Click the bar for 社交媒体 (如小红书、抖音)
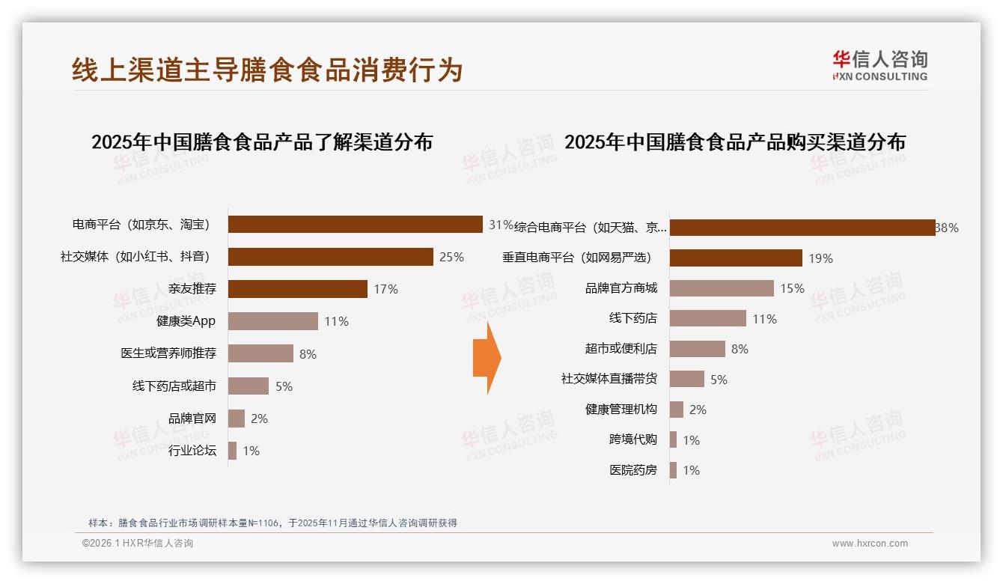click(330, 257)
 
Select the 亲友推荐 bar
click(297, 289)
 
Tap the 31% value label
click(500, 225)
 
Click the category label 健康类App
click(186, 321)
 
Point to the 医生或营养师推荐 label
click(168, 353)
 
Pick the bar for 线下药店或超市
click(248, 386)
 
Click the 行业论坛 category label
click(192, 451)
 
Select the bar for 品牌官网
click(237, 419)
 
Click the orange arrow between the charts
click(487, 358)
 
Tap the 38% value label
click(947, 228)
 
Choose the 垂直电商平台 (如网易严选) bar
click(736, 258)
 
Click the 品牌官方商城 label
click(621, 288)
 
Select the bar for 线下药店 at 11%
click(707, 318)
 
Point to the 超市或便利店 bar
click(697, 349)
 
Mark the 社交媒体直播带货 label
click(609, 379)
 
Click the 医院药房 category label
click(633, 470)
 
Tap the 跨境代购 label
click(633, 439)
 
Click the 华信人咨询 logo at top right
click(879, 65)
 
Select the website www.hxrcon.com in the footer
click(870, 544)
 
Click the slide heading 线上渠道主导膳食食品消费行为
click(267, 70)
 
